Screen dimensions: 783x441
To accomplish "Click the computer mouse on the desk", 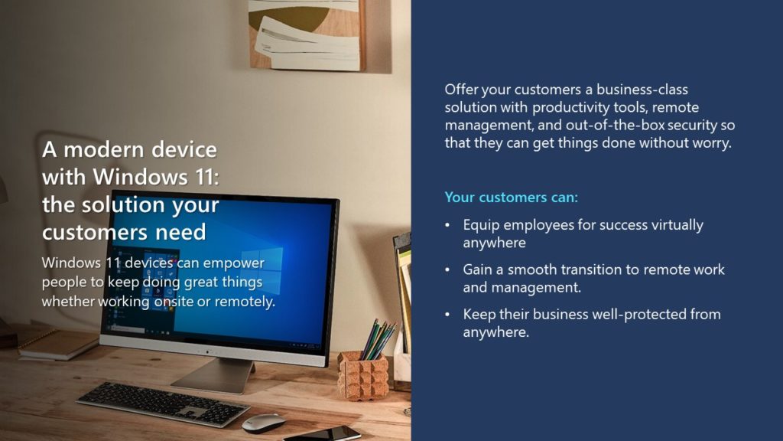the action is pos(263,423).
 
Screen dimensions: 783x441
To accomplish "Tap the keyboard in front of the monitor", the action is pos(163,403).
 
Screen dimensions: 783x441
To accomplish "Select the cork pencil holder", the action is pos(363,375).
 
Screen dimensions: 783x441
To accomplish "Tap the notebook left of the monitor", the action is pos(57,343).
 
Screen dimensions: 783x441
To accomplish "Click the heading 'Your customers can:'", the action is pos(511,197).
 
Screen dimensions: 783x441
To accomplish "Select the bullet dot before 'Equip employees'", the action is pos(447,226).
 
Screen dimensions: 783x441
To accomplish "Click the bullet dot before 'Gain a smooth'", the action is pos(447,270).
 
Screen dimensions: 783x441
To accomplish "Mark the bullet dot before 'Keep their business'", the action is pos(447,315).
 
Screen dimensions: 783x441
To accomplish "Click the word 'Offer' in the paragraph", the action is pos(461,90).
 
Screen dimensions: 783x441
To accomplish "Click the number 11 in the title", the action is pos(205,177).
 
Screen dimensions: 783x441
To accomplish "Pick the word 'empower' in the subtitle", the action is pos(234,263).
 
